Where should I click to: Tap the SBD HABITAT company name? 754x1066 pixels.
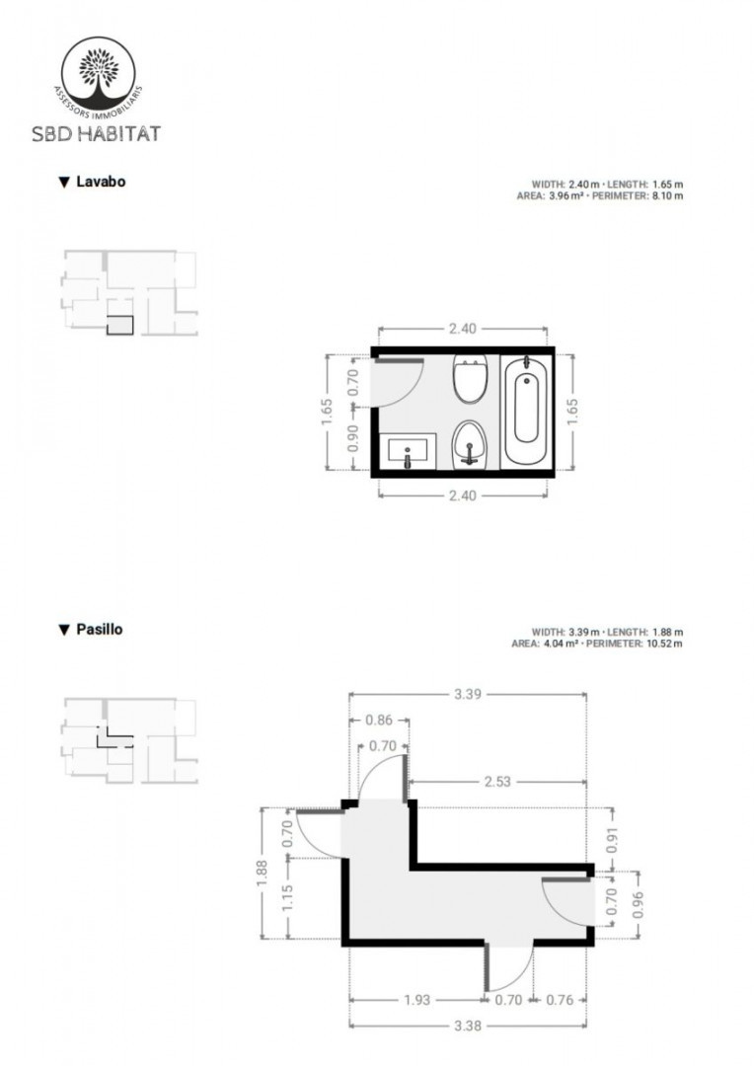96,133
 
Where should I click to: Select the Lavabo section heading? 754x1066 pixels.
93,182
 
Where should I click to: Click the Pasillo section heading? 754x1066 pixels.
91,629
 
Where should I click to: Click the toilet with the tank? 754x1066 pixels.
470,378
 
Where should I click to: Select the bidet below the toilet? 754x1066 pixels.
470,444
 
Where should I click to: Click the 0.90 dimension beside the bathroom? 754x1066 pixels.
353,438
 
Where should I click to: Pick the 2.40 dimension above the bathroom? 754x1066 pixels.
462,329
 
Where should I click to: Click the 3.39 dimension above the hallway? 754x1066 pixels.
468,694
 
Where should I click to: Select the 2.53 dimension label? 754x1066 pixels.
497,782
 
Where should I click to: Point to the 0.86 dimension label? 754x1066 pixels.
379,720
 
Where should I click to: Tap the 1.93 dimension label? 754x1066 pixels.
416,999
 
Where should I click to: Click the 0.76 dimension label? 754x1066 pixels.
560,999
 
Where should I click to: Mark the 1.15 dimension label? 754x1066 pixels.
287,898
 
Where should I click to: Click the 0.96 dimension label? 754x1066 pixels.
638,904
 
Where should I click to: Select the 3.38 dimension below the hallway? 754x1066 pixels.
468,1026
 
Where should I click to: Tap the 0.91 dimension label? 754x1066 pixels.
613,840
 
